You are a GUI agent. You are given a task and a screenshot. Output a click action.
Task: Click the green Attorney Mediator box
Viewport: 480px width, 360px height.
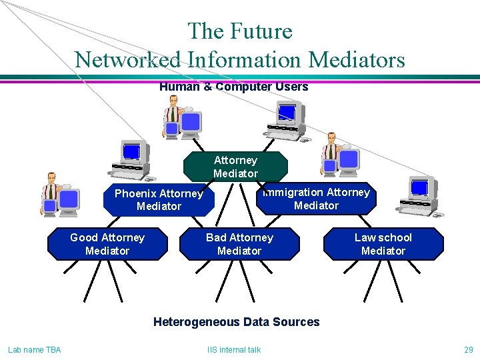click(235, 167)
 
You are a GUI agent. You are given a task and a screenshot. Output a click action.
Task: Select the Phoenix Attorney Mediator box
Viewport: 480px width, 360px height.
click(159, 200)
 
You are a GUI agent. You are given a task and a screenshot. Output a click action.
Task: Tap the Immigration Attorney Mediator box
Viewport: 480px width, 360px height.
click(316, 199)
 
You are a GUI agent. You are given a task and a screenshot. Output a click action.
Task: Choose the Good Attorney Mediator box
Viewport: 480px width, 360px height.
click(107, 244)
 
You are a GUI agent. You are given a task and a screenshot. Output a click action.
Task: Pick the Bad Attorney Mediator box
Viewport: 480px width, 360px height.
click(239, 244)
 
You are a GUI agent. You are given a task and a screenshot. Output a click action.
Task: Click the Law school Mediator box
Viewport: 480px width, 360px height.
click(383, 244)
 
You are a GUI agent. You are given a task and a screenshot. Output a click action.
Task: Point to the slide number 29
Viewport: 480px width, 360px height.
click(468, 349)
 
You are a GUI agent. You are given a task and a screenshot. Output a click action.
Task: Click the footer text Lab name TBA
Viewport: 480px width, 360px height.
click(34, 349)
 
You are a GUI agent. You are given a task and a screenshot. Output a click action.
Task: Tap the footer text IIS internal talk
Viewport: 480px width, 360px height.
click(234, 349)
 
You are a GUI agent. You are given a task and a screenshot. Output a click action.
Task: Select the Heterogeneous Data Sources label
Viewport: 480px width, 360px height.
click(236, 322)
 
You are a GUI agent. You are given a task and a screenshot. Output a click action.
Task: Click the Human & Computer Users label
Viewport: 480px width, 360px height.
click(233, 87)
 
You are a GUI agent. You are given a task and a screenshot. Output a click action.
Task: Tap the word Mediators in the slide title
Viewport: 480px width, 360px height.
click(357, 60)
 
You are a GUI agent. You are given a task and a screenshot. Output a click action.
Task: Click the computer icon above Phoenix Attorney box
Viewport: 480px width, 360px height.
click(129, 160)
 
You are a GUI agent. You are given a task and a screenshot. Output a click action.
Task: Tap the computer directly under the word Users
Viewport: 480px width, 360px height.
click(287, 120)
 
